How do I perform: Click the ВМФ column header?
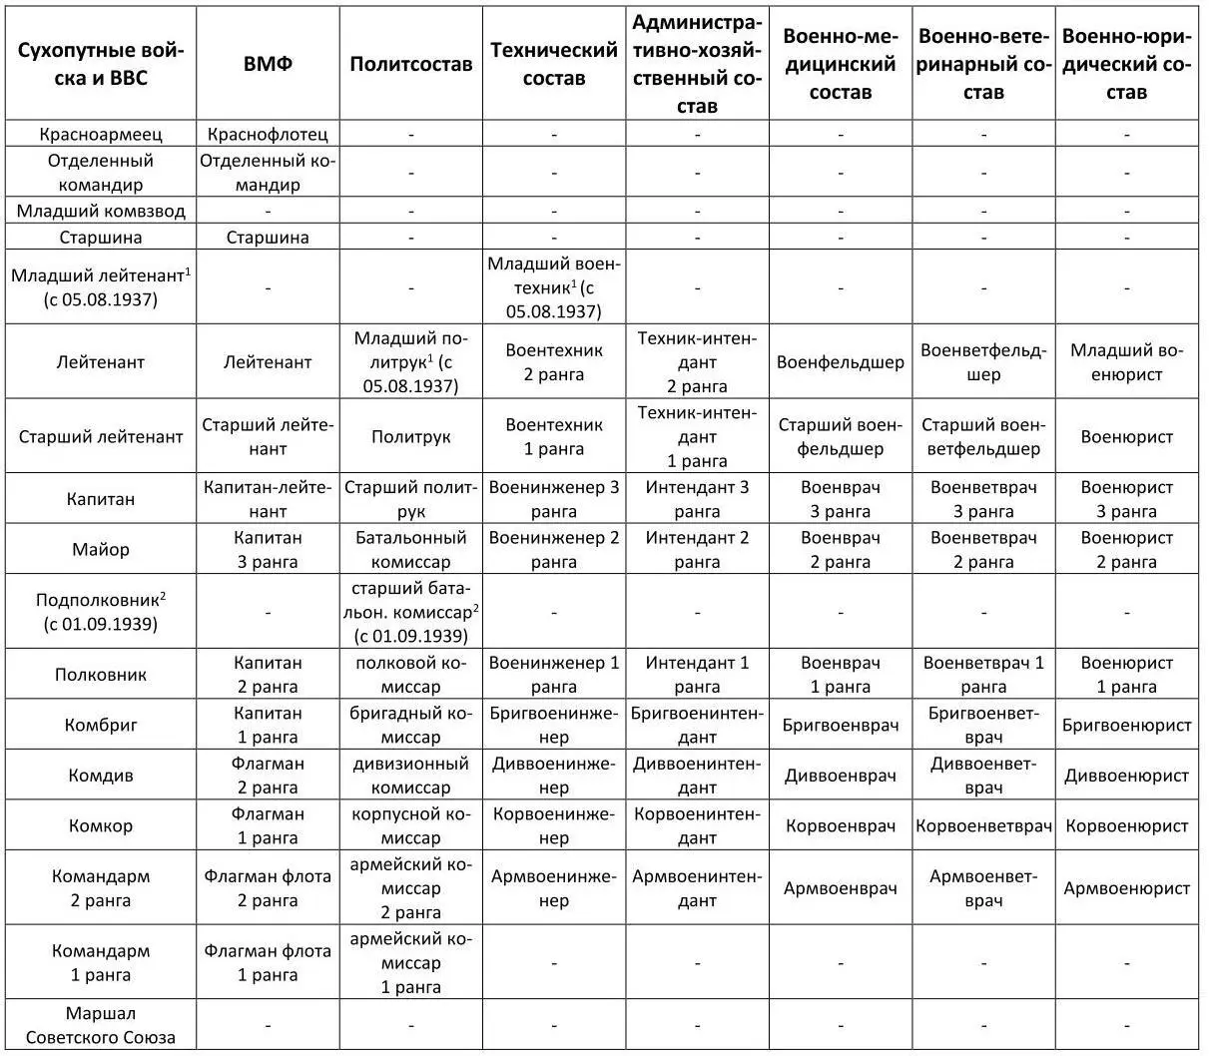point(268,64)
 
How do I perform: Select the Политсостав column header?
point(410,64)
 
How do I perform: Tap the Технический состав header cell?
point(553,64)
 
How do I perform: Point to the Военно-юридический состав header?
point(1126,64)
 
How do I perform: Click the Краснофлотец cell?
point(268,134)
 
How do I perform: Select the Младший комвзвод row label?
point(101,211)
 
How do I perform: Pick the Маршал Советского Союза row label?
point(101,1024)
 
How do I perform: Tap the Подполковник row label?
point(101,612)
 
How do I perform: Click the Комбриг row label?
point(101,725)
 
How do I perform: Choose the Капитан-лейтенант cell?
point(268,499)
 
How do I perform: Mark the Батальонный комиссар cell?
point(410,549)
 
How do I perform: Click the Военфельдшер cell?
point(840,362)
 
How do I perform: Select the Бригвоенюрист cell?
point(1126,725)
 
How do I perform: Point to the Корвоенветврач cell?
point(983,825)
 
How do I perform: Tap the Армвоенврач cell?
point(840,888)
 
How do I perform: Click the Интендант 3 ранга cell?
point(697,499)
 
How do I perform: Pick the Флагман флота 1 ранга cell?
point(268,963)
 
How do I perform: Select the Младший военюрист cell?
point(1126,362)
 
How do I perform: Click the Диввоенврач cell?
point(840,776)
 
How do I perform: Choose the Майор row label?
point(101,549)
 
